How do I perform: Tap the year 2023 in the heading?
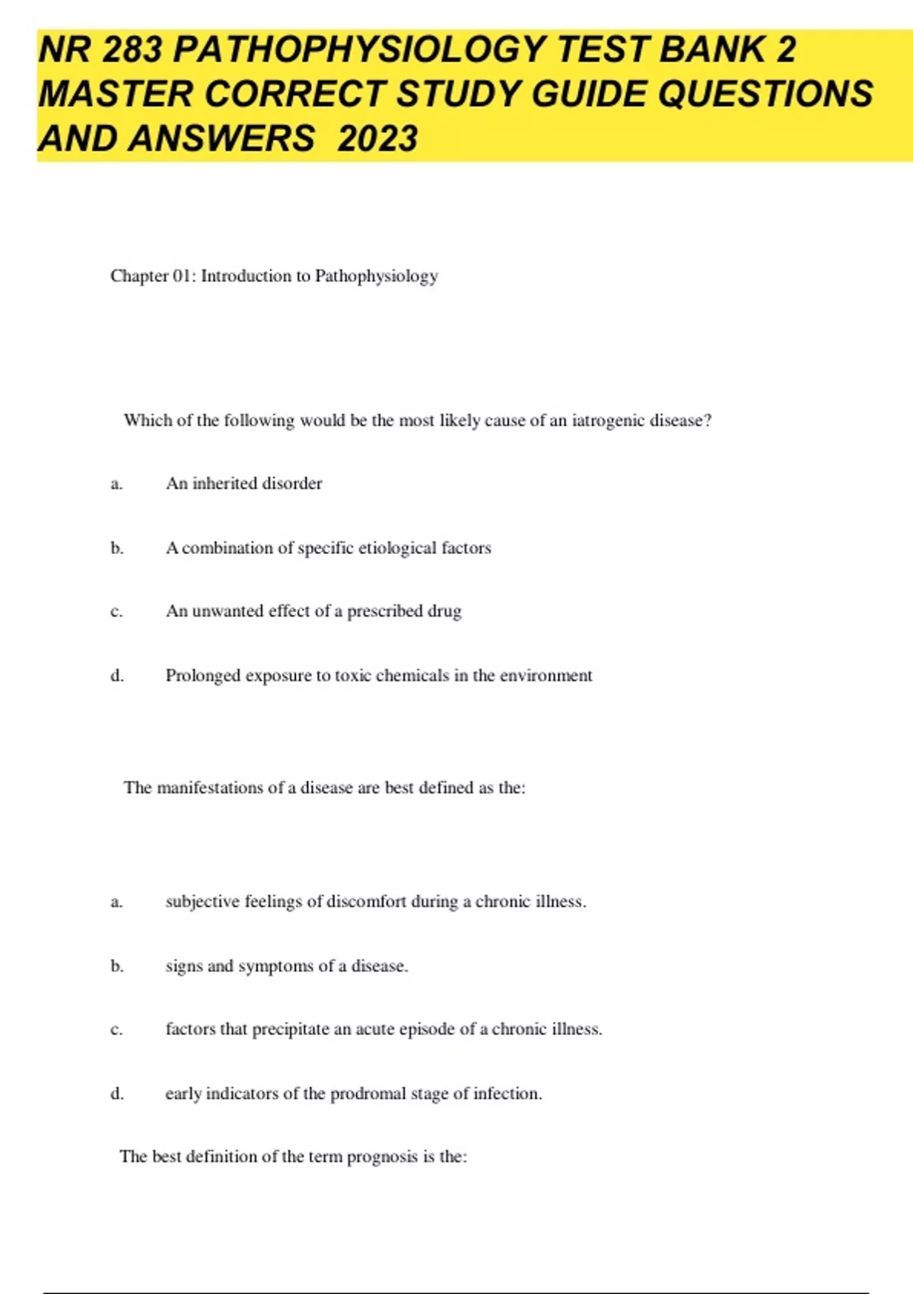tap(377, 139)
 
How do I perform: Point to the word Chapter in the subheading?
tap(138, 276)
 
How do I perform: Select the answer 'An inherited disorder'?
tap(244, 483)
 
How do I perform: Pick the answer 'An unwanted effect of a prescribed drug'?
tap(313, 611)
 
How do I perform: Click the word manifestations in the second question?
tap(209, 788)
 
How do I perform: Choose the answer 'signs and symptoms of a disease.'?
tap(287, 966)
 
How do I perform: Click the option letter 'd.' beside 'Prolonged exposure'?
tap(117, 676)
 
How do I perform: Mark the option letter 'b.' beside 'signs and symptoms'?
tap(117, 966)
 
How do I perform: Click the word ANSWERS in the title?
tap(221, 139)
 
